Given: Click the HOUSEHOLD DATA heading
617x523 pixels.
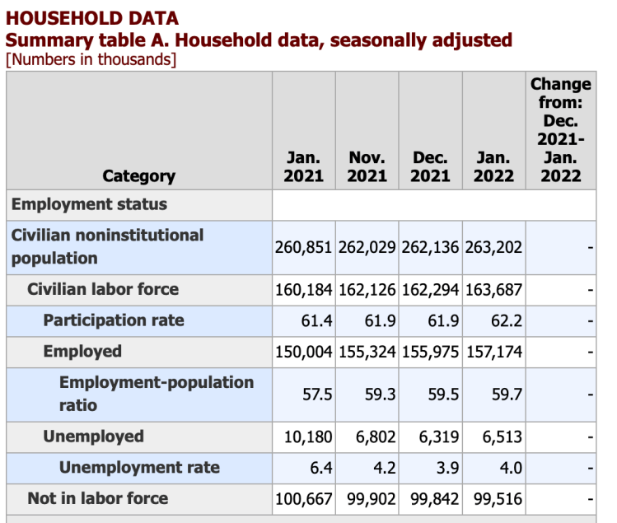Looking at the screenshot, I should click(92, 18).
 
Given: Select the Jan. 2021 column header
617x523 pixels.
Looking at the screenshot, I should click(304, 166).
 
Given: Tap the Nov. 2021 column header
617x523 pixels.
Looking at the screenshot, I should click(367, 166).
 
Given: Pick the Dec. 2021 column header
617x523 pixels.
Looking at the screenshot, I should click(430, 166).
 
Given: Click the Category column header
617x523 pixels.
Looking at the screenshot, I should click(138, 175).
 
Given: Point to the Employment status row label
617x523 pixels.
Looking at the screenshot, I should click(89, 204).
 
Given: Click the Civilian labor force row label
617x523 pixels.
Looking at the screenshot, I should click(103, 289).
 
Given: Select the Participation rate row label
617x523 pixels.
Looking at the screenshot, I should click(114, 320).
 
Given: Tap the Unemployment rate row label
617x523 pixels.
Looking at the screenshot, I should click(139, 468).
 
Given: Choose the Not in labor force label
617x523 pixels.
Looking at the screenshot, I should click(97, 498).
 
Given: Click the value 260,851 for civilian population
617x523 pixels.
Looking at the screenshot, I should click(303, 247).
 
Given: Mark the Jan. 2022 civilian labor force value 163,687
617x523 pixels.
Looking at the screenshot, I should click(493, 290).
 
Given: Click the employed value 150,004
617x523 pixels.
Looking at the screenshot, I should click(303, 353).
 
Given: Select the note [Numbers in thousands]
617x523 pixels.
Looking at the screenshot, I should click(91, 59).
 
